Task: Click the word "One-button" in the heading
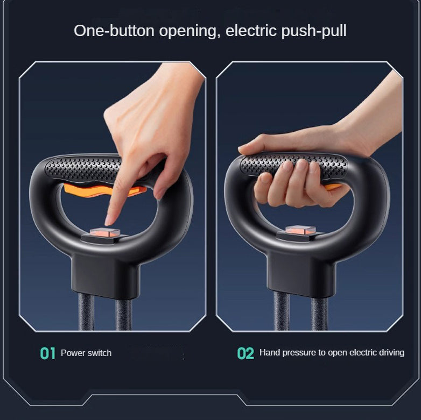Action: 114,31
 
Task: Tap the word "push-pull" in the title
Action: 314,31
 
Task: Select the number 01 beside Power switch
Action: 48,353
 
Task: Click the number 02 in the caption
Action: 245,353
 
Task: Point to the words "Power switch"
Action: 86,353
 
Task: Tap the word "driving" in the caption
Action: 391,353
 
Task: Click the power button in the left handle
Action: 105,232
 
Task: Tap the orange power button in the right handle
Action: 300,230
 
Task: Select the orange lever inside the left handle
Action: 105,190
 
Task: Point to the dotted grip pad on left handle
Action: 83,168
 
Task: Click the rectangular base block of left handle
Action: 106,275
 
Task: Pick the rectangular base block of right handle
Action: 301,274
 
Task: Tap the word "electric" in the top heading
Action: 251,30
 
